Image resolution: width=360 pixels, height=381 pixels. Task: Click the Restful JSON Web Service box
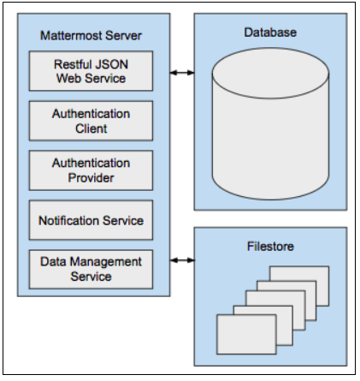[x=91, y=71]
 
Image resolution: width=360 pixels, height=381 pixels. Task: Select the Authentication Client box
[x=91, y=121]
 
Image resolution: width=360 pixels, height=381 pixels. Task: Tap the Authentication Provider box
[x=91, y=170]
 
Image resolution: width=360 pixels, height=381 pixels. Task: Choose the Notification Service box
[x=91, y=221]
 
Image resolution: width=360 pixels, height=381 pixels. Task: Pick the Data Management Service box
[x=91, y=269]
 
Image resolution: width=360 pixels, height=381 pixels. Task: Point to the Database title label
[x=269, y=33]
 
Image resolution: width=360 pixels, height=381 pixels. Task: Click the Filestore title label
[x=269, y=247]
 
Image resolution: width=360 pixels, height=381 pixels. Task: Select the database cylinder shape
[x=269, y=128]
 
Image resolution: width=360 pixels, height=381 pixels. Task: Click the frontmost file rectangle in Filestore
[x=246, y=330]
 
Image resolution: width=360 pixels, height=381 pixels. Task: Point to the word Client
[x=91, y=128]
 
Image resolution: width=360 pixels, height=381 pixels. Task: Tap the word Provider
[x=91, y=177]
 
